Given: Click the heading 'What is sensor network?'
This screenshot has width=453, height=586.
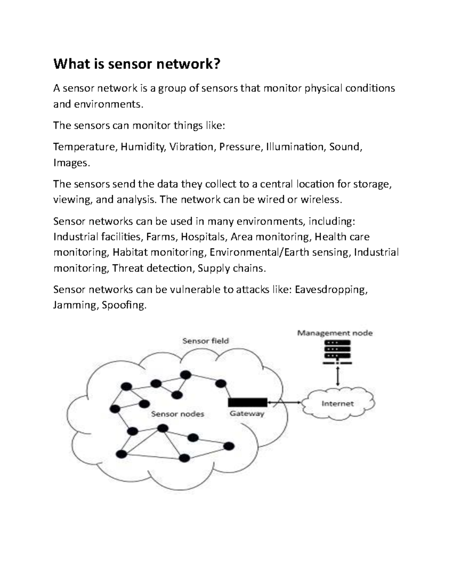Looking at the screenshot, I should [136, 64].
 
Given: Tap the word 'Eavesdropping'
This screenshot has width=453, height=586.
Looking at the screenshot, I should [331, 289].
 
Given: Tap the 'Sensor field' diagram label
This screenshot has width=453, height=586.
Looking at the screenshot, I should [205, 341].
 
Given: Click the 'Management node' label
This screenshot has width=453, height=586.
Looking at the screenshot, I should [335, 333].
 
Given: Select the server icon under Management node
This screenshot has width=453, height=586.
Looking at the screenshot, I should [337, 351].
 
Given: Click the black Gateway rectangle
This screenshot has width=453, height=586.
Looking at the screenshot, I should [248, 403].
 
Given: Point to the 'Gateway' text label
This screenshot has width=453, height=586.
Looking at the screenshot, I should [247, 414].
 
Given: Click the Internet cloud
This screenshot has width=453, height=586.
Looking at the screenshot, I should [337, 403].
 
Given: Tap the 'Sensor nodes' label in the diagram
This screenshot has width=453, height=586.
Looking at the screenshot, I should [177, 414].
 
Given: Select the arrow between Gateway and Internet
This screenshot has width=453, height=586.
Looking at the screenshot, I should [285, 403].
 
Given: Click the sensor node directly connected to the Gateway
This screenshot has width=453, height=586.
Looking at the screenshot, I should [220, 384].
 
